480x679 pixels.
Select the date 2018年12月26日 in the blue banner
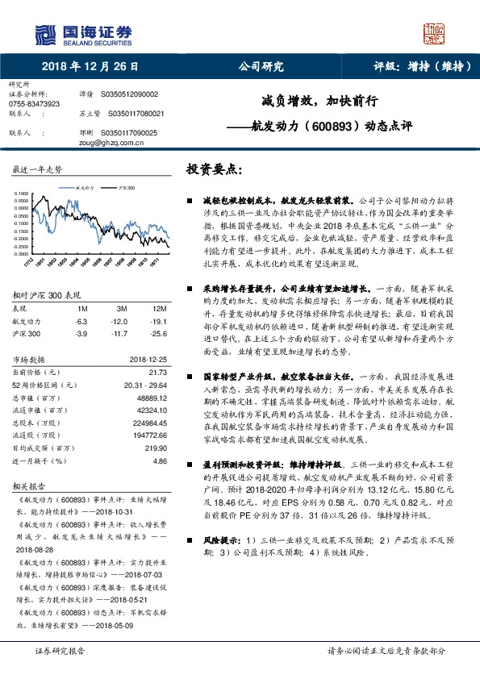tap(87, 67)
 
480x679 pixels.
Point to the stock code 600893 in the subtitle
tap(332, 127)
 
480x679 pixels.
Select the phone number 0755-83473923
tap(33, 104)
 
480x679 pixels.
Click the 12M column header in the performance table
tap(159, 309)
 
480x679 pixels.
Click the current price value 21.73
tap(158, 371)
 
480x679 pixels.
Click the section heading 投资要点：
tap(214, 170)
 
